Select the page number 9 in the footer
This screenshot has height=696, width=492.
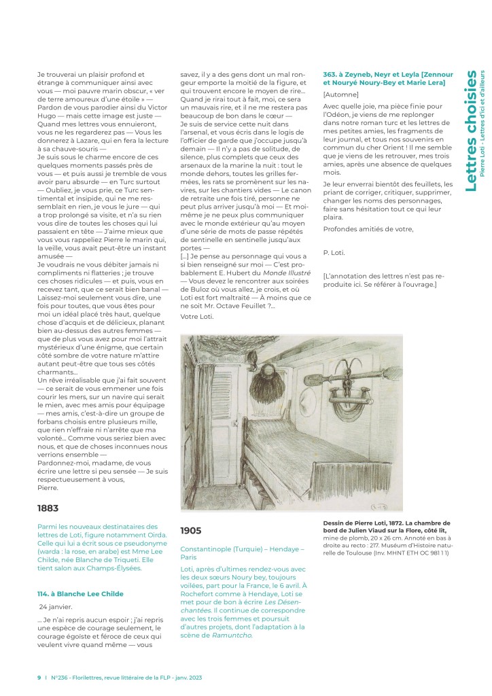39,677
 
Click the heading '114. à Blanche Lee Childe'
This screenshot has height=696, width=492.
80,593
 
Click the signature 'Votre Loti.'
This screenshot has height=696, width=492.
197,317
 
